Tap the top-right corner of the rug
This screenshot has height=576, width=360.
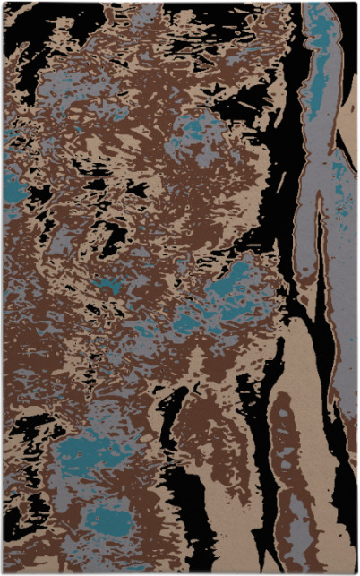356,3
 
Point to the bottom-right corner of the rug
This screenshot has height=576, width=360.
356,572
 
